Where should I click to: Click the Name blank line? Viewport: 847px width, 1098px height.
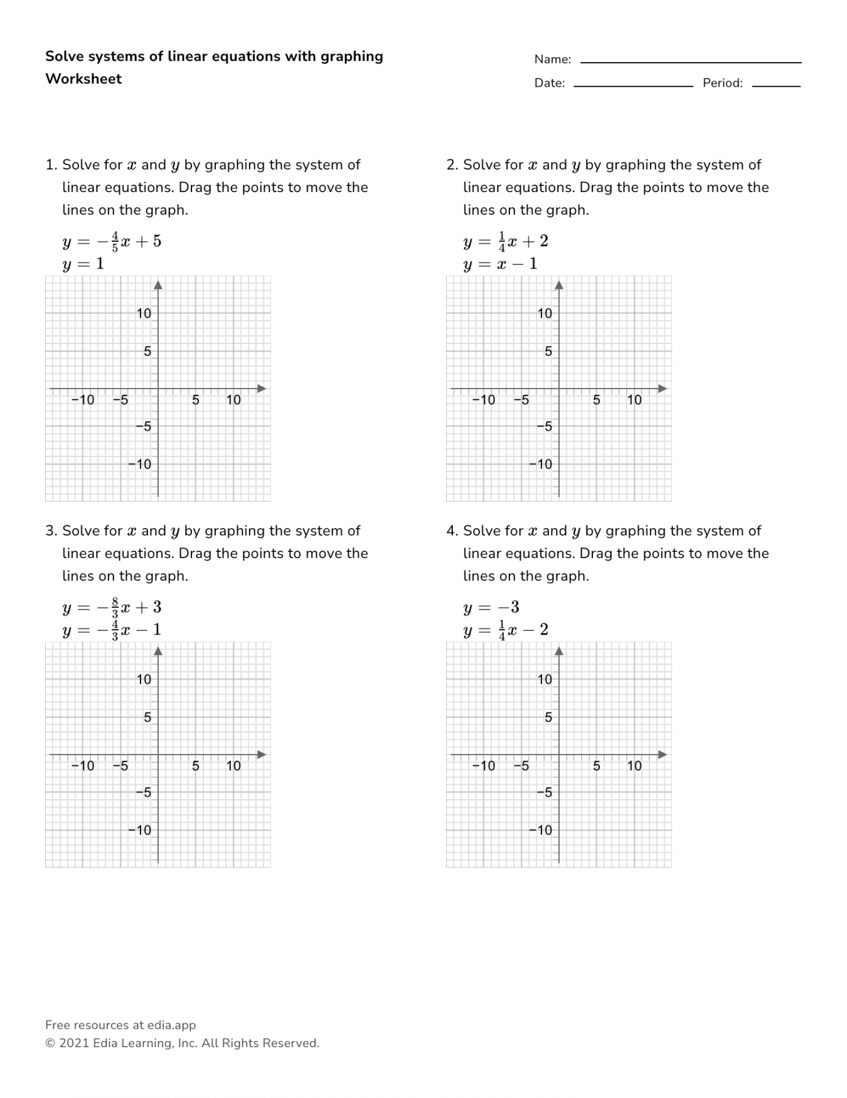(690, 62)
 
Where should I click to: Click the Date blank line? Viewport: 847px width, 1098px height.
(632, 85)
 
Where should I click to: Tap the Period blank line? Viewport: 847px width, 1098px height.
(776, 85)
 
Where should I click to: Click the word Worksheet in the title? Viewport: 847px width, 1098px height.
(83, 79)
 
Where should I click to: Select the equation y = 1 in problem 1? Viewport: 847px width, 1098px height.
(83, 264)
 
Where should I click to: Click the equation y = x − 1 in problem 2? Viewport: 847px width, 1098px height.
(500, 264)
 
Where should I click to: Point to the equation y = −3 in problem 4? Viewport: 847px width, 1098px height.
(491, 608)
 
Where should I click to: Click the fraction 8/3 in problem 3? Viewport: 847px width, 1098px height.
(115, 607)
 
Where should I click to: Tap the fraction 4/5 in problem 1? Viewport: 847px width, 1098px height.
(115, 241)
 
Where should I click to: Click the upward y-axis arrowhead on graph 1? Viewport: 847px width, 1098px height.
(158, 286)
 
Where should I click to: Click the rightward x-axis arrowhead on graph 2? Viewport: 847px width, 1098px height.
(662, 389)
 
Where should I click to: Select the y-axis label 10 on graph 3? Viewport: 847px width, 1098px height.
(144, 679)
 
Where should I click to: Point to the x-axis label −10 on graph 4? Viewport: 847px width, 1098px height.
(483, 766)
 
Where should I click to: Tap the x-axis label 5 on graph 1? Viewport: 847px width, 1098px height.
(196, 400)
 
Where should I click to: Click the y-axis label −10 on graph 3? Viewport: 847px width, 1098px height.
(140, 831)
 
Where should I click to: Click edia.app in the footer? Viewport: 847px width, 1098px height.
(171, 1025)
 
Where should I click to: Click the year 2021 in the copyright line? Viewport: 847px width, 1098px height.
(74, 1043)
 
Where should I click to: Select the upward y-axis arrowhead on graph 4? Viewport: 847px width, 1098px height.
(559, 652)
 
